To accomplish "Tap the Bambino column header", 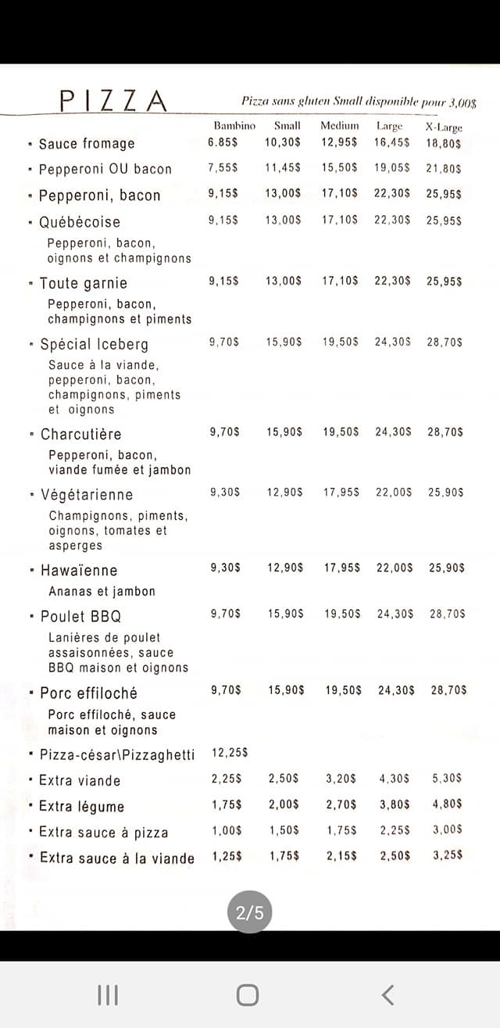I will [x=234, y=126].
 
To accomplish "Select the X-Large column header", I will [x=444, y=127].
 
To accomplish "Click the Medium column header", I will [x=340, y=126].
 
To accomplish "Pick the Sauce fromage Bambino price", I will [x=223, y=142].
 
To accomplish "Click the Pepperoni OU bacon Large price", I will [x=392, y=168].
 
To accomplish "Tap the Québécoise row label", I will [x=80, y=222].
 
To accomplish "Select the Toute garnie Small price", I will [x=283, y=281].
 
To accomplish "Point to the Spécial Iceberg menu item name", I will [x=94, y=344].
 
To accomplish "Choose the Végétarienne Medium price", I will [x=342, y=492].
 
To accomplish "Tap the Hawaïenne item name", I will [x=79, y=571].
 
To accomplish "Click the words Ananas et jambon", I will [x=102, y=592].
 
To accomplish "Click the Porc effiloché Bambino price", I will [x=226, y=690].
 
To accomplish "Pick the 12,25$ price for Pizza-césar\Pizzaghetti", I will [x=230, y=753].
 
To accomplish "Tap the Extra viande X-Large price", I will [x=448, y=779].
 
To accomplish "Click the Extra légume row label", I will [x=81, y=807].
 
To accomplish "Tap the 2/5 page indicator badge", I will [x=250, y=912].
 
